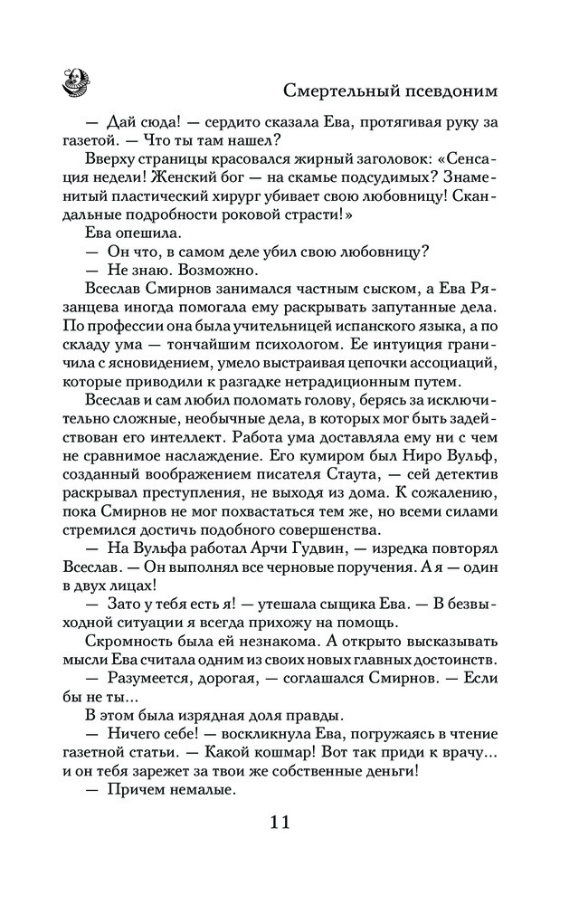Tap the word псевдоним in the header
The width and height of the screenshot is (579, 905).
[x=454, y=91]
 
